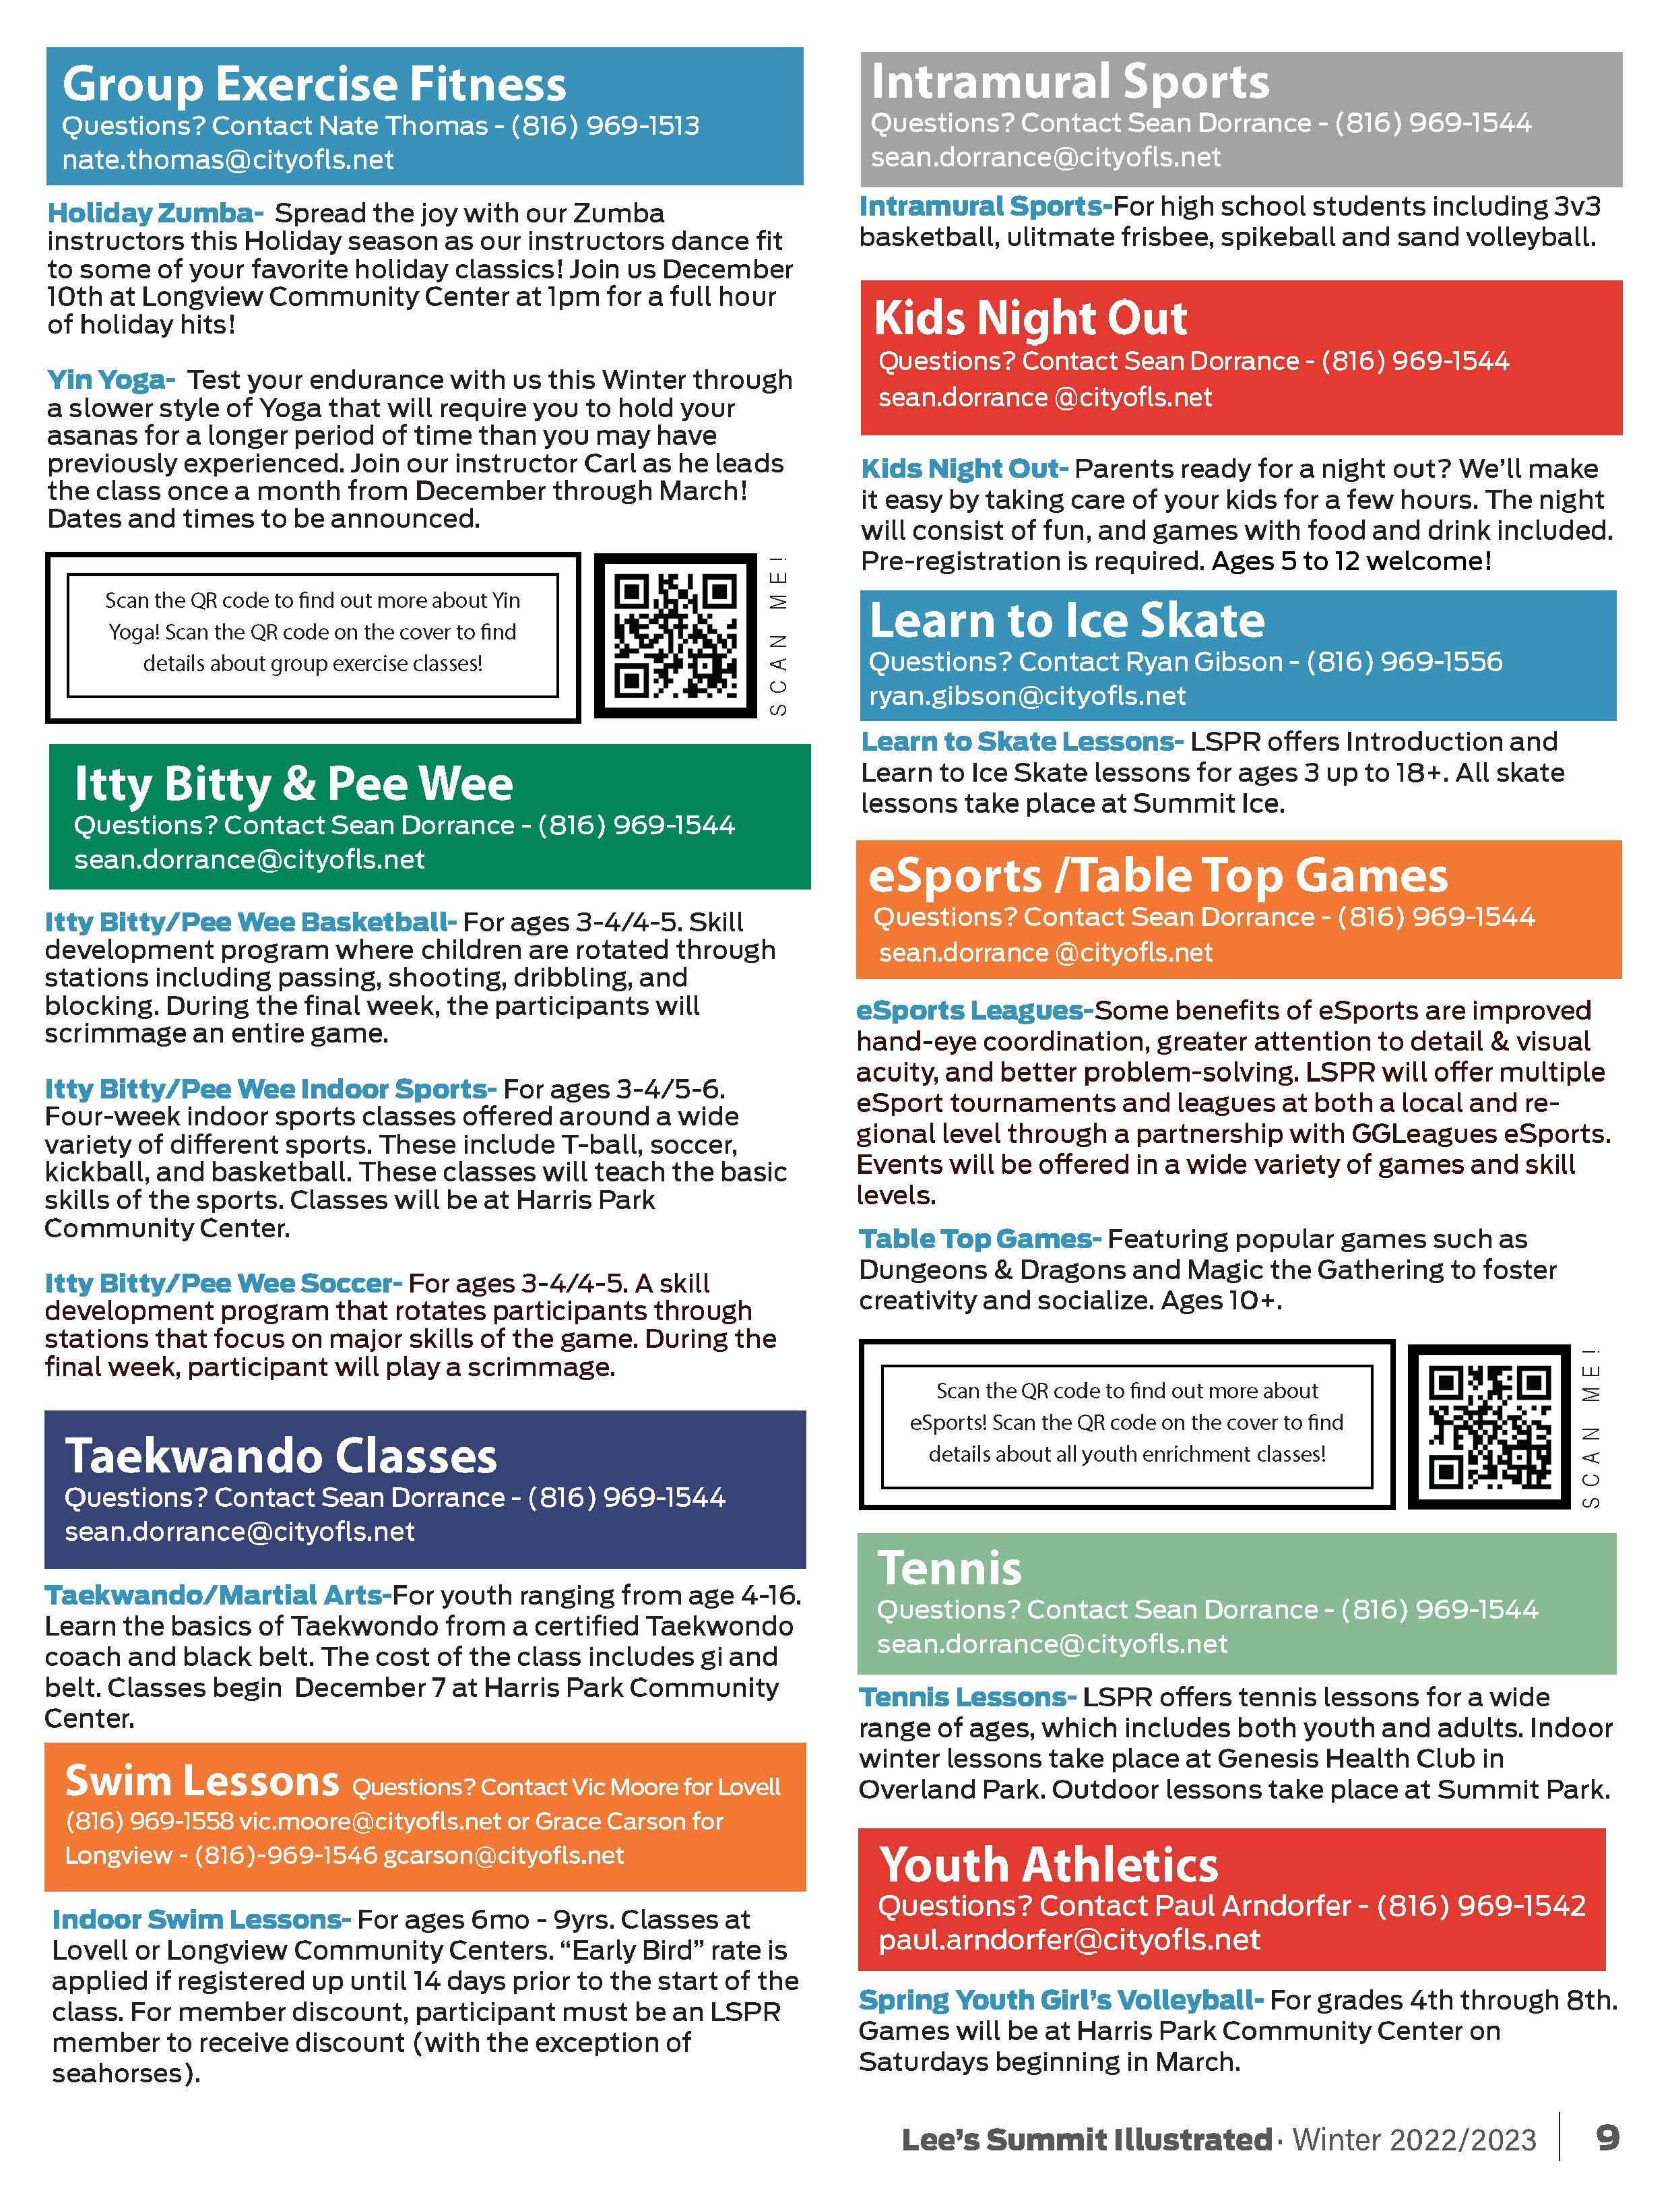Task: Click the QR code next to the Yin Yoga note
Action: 676,635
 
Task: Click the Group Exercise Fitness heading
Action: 314,84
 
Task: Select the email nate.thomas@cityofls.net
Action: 228,160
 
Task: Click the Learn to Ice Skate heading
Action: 1066,621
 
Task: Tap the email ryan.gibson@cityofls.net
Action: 1027,695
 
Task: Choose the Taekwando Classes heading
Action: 280,1456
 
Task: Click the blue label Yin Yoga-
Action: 110,380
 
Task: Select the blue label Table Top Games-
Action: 979,1239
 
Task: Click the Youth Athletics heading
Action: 1048,1865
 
